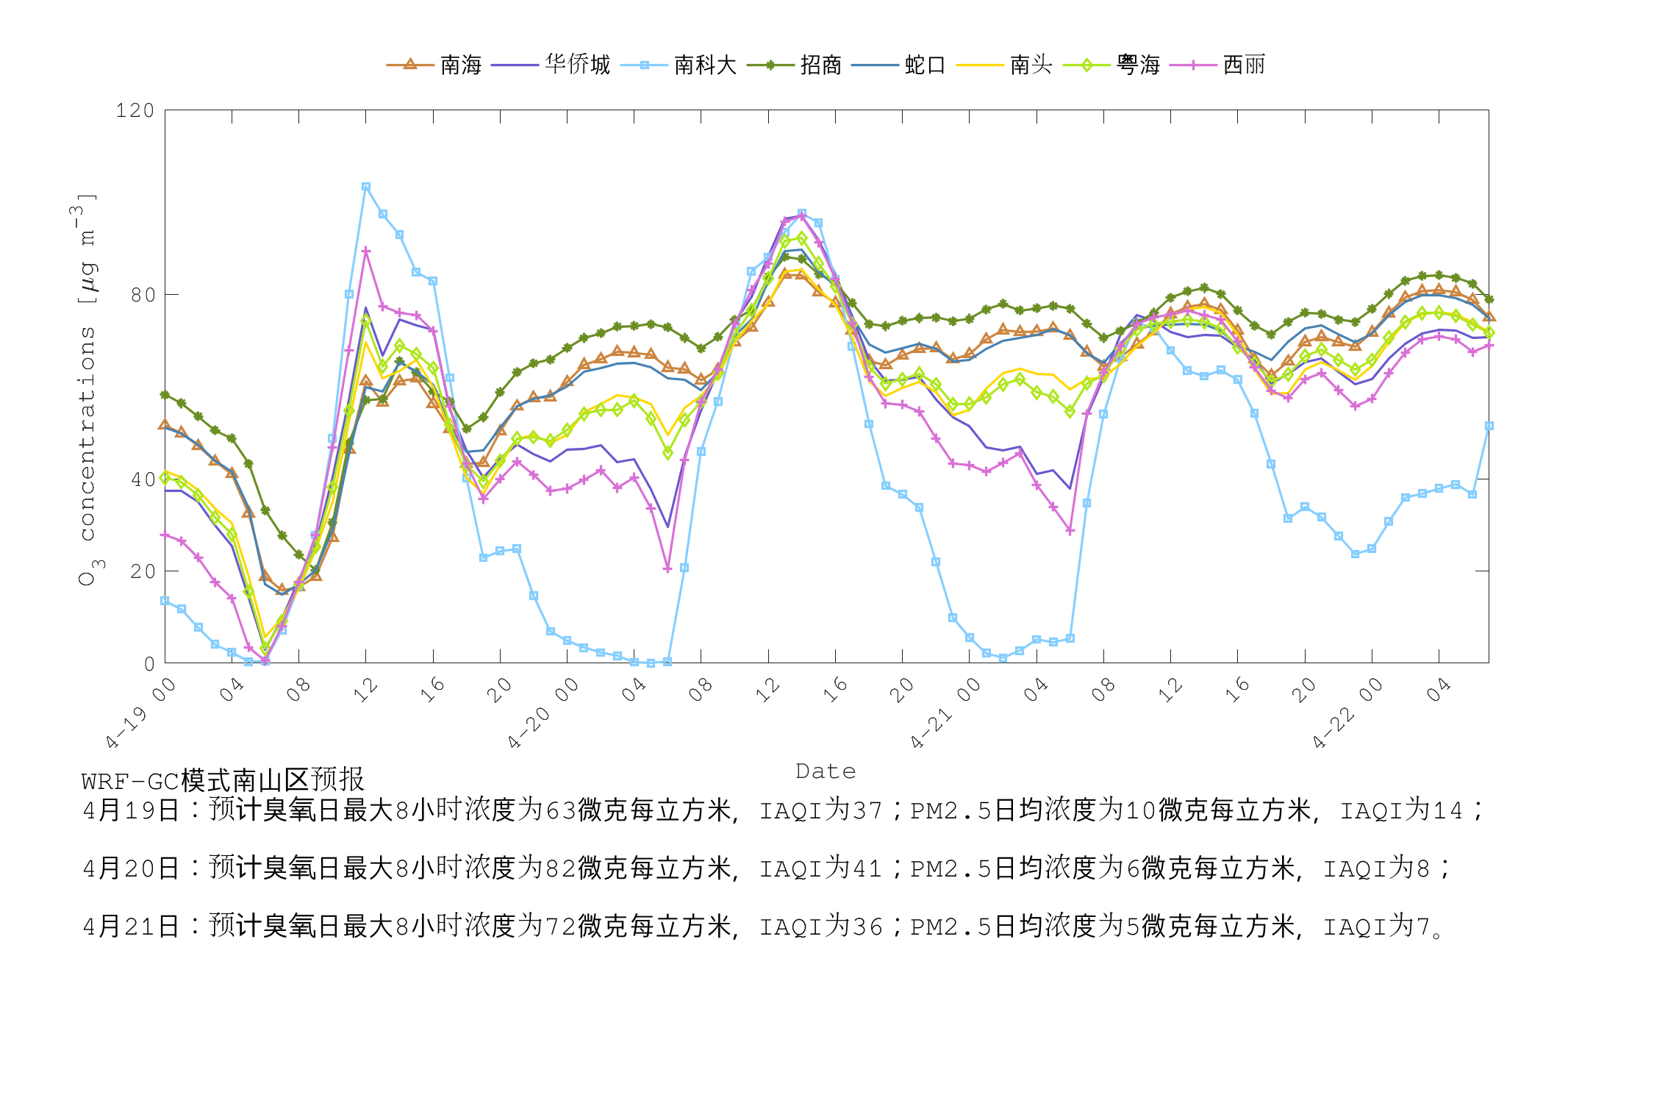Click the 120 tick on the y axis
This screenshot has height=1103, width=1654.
click(135, 111)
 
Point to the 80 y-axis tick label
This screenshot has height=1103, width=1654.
click(143, 295)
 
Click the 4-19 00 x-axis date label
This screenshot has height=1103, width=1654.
click(140, 713)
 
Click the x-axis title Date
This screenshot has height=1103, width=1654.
click(826, 771)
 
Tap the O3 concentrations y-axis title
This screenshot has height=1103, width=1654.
click(87, 390)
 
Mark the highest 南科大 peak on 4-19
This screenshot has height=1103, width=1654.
click(365, 188)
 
